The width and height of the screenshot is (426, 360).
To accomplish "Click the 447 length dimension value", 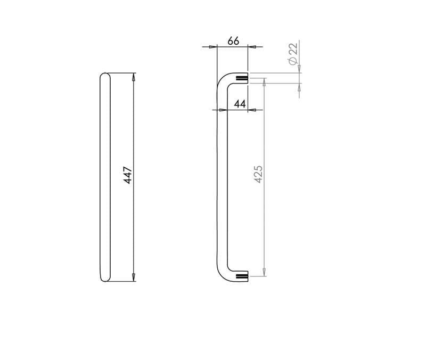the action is (128, 175).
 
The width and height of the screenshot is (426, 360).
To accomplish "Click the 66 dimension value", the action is (233, 41).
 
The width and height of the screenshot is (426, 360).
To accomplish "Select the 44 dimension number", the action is (240, 104).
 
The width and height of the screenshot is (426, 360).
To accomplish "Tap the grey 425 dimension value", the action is (258, 174).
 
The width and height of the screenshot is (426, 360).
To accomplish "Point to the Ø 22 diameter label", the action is (293, 54).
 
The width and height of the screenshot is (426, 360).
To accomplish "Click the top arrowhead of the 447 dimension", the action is (134, 77).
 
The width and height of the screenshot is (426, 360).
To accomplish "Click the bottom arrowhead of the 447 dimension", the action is (134, 277).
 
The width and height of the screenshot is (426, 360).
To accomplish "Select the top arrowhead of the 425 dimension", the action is (264, 82).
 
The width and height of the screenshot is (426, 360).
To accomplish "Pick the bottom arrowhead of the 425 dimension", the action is (264, 272).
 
